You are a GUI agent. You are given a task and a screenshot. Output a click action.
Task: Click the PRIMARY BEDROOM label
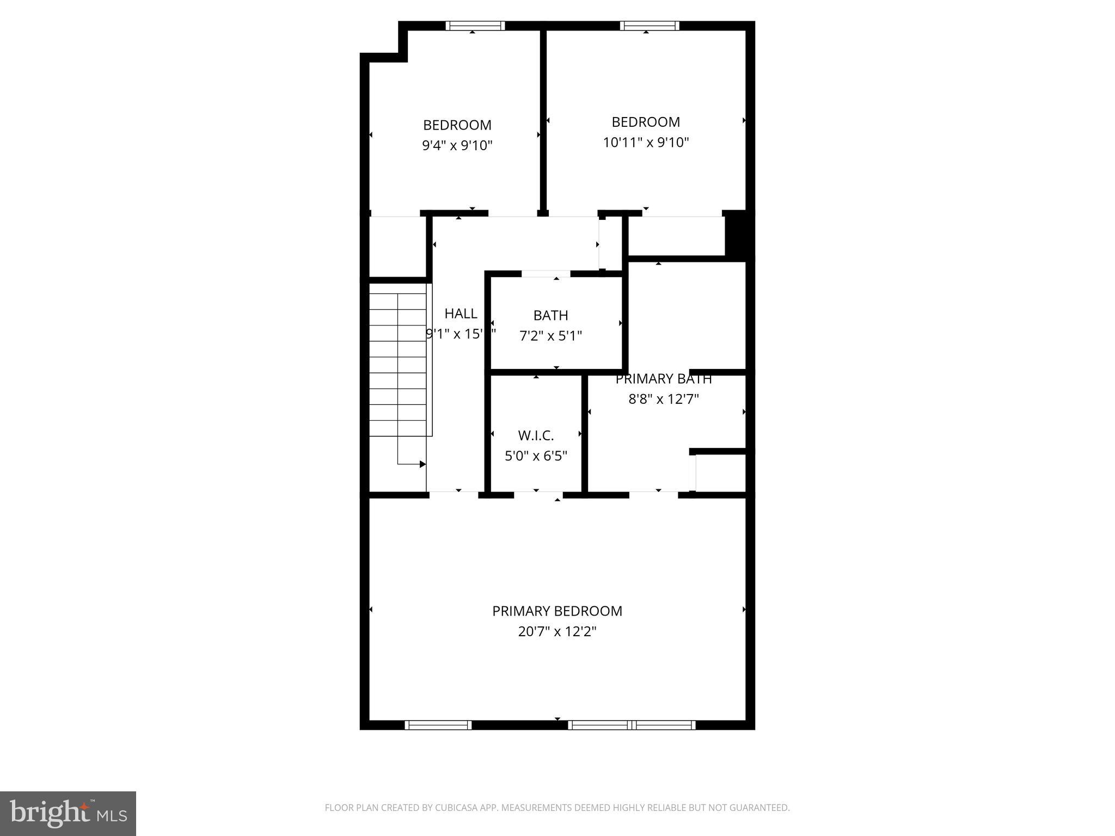click(x=557, y=611)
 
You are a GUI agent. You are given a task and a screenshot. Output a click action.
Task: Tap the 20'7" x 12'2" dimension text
click(x=557, y=631)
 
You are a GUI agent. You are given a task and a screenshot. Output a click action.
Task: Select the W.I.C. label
click(x=536, y=435)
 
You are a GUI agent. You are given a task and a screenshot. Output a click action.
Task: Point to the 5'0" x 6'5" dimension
click(x=536, y=456)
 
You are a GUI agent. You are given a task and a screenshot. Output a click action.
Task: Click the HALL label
click(x=461, y=313)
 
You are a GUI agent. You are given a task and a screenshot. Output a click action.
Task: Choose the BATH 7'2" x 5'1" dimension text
click(x=550, y=336)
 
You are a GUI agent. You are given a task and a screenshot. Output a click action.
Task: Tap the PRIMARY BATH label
click(x=663, y=379)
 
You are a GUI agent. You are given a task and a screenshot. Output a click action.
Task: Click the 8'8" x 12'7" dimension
click(x=663, y=399)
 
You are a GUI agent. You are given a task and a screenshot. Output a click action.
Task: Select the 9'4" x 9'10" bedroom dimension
click(x=457, y=145)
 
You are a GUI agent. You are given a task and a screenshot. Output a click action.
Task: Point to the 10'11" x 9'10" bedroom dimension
click(x=646, y=143)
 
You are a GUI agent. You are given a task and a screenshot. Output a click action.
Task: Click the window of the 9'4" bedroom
click(x=475, y=26)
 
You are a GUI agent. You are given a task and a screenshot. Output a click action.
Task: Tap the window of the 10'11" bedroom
click(x=649, y=26)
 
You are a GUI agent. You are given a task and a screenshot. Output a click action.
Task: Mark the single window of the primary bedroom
click(x=438, y=724)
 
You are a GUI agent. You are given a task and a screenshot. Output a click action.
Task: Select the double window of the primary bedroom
click(x=632, y=724)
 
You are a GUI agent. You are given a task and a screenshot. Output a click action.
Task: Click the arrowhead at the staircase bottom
click(x=422, y=464)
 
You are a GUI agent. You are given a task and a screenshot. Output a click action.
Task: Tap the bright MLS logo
click(x=68, y=813)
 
